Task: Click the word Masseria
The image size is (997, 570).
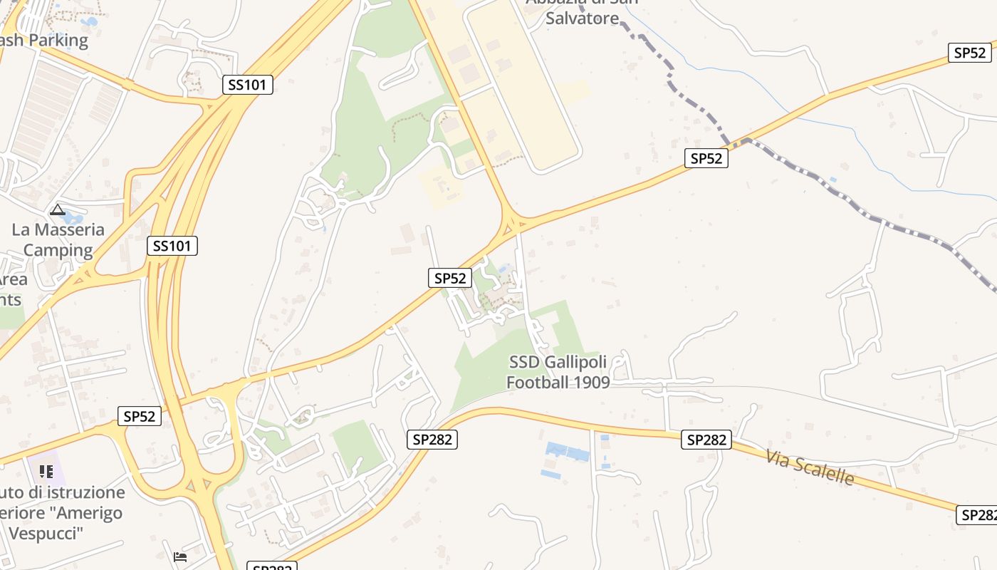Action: point(68,230)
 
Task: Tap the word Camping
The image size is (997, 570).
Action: point(58,251)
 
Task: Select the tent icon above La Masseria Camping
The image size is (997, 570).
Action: point(58,210)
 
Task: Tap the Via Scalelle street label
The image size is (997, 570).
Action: point(810,467)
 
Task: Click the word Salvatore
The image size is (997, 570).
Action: point(583,19)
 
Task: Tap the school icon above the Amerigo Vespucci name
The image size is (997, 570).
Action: point(46,471)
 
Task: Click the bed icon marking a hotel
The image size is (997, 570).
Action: point(180,556)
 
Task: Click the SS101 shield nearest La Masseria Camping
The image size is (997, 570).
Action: point(172,247)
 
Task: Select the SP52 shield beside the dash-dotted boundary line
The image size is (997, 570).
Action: point(706,158)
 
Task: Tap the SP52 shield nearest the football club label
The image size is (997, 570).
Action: point(450,278)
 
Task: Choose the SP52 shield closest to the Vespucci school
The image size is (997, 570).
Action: point(139,416)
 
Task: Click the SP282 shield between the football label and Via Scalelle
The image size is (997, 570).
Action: point(706,440)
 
